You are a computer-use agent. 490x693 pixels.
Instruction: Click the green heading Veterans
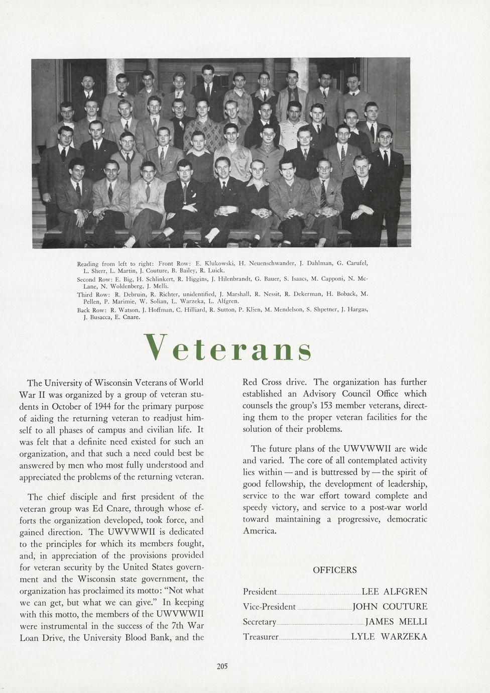coord(227,347)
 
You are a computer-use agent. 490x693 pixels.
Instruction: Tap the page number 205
coord(222,666)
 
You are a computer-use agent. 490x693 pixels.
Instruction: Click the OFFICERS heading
coord(335,570)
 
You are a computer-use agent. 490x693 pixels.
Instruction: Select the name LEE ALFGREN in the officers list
coord(394,592)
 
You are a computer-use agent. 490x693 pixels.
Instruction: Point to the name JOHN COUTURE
coord(390,607)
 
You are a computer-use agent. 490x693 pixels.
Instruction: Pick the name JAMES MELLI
coord(396,622)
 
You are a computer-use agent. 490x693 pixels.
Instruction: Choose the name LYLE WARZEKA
coord(389,637)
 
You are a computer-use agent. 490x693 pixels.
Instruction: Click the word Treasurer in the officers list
coord(261,637)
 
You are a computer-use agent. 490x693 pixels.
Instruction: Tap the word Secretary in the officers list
coord(260,622)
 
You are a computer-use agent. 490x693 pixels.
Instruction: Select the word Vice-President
coord(269,607)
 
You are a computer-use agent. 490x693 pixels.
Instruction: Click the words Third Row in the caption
coord(92,294)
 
